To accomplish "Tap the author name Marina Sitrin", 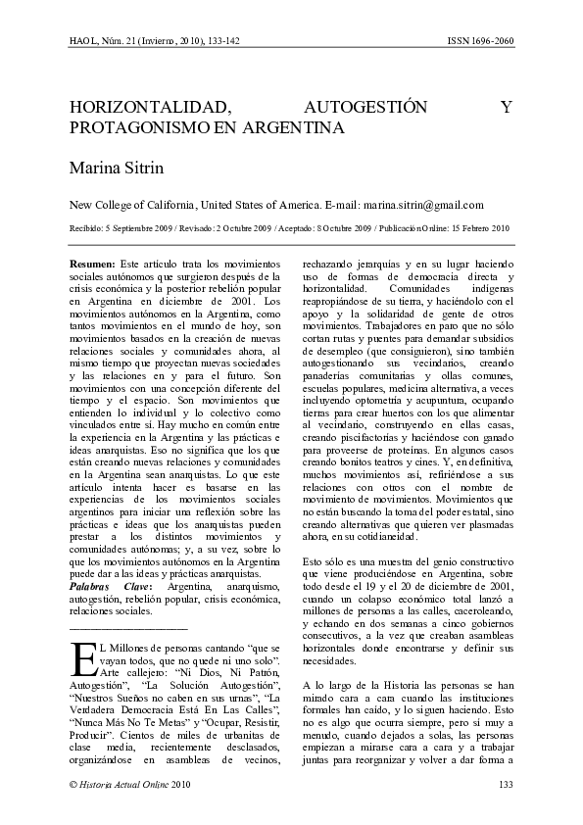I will [x=116, y=168].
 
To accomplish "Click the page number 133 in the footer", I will [x=506, y=784].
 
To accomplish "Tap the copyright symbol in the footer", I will [x=72, y=784].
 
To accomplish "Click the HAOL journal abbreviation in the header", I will [x=82, y=41].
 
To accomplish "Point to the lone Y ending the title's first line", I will [x=507, y=107].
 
